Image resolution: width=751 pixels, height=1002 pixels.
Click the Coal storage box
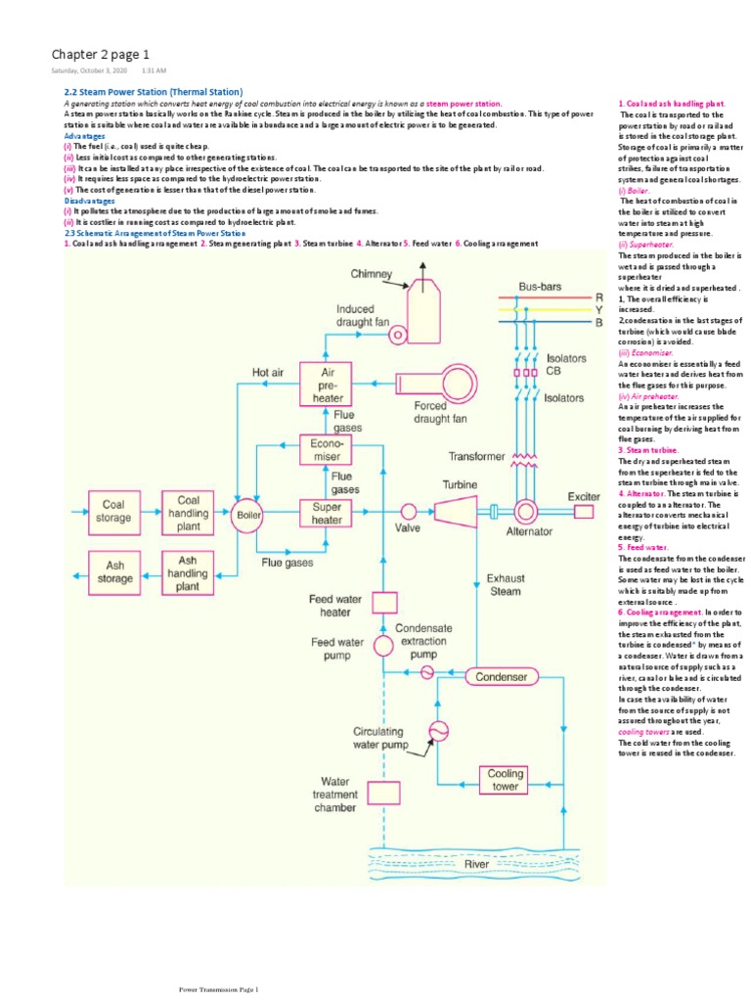click(x=113, y=512)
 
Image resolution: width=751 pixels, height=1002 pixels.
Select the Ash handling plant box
click(x=188, y=573)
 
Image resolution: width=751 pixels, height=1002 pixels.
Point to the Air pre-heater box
click(x=328, y=386)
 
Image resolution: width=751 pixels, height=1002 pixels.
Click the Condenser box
click(x=501, y=677)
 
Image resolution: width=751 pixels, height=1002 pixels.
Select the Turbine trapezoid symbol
click(x=455, y=510)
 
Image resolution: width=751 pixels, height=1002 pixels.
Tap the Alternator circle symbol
click(x=527, y=510)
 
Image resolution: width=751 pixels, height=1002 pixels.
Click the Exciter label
click(x=584, y=496)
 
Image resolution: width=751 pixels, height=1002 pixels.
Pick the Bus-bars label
click(x=540, y=287)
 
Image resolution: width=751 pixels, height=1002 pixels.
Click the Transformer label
click(x=477, y=456)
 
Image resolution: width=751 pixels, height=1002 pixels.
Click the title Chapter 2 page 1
click(x=101, y=53)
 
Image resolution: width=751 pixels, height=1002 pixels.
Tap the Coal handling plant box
click(x=188, y=512)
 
